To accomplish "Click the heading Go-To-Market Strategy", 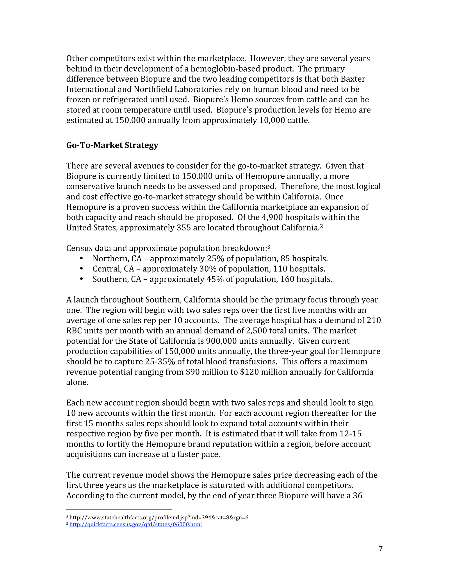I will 112,145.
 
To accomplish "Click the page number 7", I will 380,548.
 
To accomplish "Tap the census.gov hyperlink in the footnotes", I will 135,524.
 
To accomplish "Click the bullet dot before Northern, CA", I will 81,259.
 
